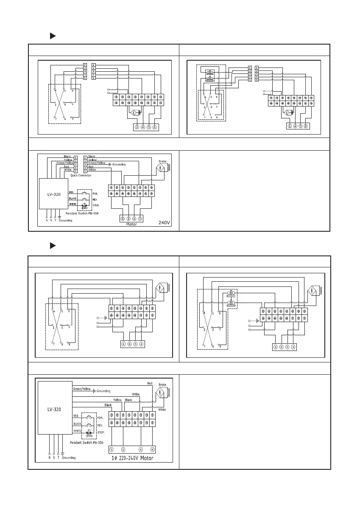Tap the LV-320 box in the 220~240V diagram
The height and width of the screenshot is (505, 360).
point(53,410)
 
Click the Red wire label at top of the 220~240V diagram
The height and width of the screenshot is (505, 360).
point(150,383)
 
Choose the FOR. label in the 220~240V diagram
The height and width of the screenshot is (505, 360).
point(95,418)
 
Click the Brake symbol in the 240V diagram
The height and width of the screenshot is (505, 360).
point(161,168)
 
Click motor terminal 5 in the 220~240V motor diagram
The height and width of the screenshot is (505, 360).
point(112,449)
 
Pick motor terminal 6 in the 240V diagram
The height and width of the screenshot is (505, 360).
point(123,219)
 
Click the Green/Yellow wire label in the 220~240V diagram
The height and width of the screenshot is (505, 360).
point(81,388)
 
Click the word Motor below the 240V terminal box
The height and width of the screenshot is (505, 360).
point(131,224)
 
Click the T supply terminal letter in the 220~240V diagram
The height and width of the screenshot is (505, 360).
point(58,457)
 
